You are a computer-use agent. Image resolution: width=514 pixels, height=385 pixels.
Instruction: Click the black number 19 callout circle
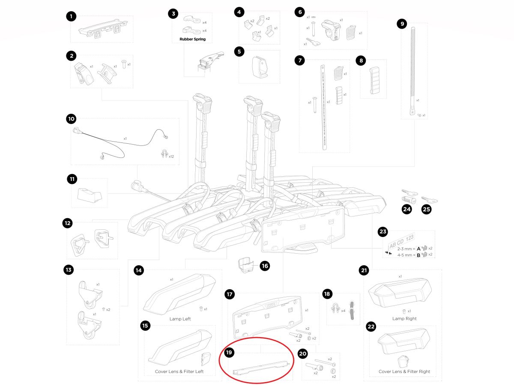[x=229, y=352]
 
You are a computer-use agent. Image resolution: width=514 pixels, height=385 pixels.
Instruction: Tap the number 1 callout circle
[x=71, y=17]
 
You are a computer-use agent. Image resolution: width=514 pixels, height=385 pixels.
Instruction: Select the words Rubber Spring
[x=189, y=39]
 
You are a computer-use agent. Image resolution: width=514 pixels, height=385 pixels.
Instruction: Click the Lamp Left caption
[x=180, y=319]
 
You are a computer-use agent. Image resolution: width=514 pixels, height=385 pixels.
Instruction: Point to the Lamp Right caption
[x=404, y=319]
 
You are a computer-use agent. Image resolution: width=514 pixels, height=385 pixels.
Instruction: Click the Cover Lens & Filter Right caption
[x=404, y=372]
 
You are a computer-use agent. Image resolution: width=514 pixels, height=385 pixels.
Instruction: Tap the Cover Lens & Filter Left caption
[x=179, y=372]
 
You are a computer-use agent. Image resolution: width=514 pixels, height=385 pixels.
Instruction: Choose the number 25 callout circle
[x=427, y=210]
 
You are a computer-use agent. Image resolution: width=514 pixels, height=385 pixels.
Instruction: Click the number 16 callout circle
[x=265, y=266]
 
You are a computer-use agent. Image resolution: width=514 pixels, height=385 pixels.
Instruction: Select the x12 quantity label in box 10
[x=171, y=157]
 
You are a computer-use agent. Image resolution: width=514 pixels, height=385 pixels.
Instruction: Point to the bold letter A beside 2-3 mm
[x=418, y=248]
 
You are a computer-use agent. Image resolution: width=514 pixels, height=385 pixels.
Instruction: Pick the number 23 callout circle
[x=383, y=232]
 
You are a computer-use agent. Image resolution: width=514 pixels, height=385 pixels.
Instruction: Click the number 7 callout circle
[x=300, y=60]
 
